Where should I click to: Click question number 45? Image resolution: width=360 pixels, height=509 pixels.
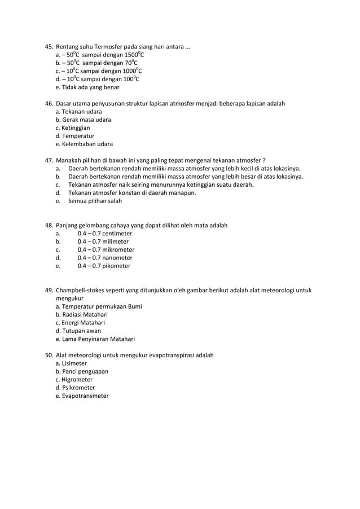click(x=49, y=47)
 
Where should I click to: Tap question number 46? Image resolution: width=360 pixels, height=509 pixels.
click(x=49, y=104)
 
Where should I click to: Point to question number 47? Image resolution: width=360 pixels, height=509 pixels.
click(x=49, y=160)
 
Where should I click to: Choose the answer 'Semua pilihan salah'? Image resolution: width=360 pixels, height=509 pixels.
click(x=95, y=201)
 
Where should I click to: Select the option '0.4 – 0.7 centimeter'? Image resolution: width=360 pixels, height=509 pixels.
click(x=105, y=233)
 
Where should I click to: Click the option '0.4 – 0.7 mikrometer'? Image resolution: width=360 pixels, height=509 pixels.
click(x=106, y=249)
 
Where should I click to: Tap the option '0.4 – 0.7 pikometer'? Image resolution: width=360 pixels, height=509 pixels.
click(x=104, y=266)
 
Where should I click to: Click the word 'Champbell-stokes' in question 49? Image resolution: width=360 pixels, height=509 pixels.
click(x=80, y=290)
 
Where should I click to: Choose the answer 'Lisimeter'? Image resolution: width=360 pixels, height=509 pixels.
click(x=75, y=363)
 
